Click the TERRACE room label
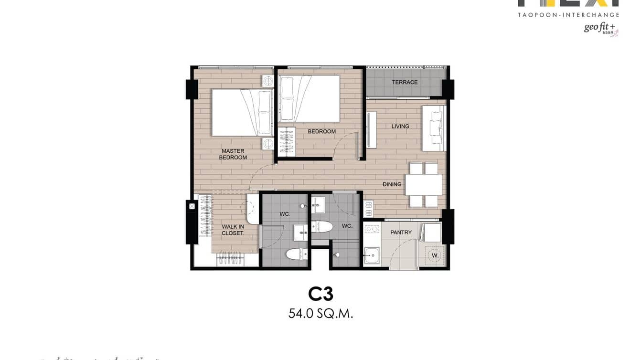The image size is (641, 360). coord(405,82)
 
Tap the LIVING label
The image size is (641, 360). coord(400,127)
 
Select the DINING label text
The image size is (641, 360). coord(392,184)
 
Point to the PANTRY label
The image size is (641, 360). coord(401,233)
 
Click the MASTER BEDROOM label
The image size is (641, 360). coord(233,154)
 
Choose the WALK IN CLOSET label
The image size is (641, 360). coord(233,230)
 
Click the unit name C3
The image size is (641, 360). coord(320,294)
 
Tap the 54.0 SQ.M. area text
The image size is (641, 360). coord(320,314)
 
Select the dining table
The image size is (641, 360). coord(424,185)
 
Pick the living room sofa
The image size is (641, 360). coord(434,128)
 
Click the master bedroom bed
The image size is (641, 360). coord(242,113)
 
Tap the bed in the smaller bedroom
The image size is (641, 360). coord(310,98)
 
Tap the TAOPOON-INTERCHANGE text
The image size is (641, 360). coord(568,15)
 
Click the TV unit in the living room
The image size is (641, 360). coord(372,129)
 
